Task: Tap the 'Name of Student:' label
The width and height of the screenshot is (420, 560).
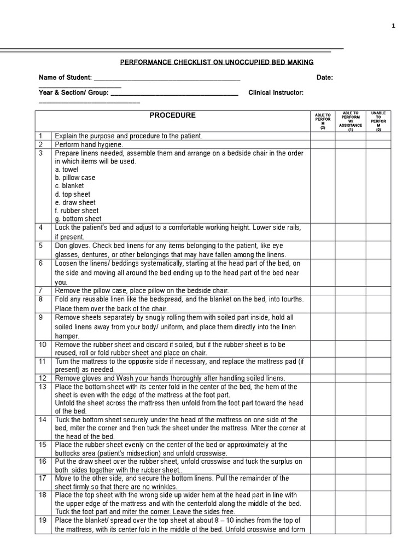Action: [x=65, y=78]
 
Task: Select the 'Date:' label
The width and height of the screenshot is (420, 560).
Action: [x=324, y=78]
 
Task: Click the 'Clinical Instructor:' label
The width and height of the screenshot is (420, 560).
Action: [x=276, y=93]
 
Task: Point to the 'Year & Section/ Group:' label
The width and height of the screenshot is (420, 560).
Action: [x=74, y=93]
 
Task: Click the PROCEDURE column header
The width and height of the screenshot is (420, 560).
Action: [x=173, y=115]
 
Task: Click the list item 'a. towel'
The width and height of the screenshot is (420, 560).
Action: [x=67, y=170]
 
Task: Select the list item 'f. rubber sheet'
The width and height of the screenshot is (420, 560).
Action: [x=77, y=211]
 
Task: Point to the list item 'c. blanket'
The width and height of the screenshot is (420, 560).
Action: [x=69, y=186]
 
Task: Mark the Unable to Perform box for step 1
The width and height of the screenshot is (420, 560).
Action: [x=378, y=136]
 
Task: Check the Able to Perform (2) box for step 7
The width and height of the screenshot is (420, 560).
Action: [x=323, y=290]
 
